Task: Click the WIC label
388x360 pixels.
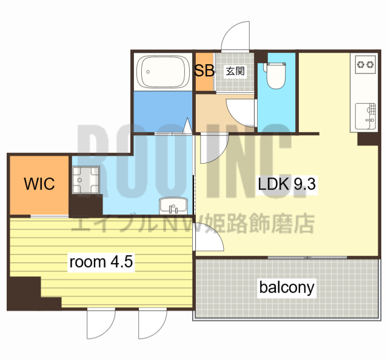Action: pos(39,184)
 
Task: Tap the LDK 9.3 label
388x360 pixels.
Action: pos(287,184)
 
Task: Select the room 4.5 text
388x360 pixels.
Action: pos(101,262)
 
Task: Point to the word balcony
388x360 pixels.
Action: pos(287,287)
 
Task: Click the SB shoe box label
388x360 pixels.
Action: pos(204,70)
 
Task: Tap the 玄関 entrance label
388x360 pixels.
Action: pos(235,71)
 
